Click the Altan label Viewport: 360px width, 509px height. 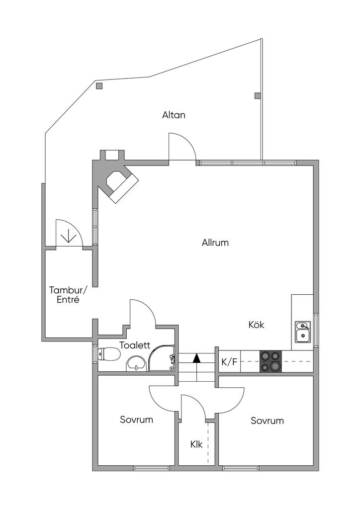(x=174, y=115)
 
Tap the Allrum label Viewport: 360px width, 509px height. (x=215, y=243)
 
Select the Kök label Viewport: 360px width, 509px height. (x=256, y=325)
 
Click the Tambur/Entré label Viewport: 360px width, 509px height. (x=68, y=295)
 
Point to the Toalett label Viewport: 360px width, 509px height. (x=135, y=345)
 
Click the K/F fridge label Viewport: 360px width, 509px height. (x=229, y=362)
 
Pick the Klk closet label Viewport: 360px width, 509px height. (x=196, y=444)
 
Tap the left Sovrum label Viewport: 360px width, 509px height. (x=136, y=420)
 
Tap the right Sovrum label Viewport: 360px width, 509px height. (x=267, y=421)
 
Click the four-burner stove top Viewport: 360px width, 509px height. (x=270, y=361)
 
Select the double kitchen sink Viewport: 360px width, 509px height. (x=302, y=332)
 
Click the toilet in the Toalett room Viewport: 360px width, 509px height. (x=109, y=354)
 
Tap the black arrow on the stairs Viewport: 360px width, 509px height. (x=197, y=358)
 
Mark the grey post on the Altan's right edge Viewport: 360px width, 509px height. (x=258, y=95)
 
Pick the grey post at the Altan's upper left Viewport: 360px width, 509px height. (x=99, y=86)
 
